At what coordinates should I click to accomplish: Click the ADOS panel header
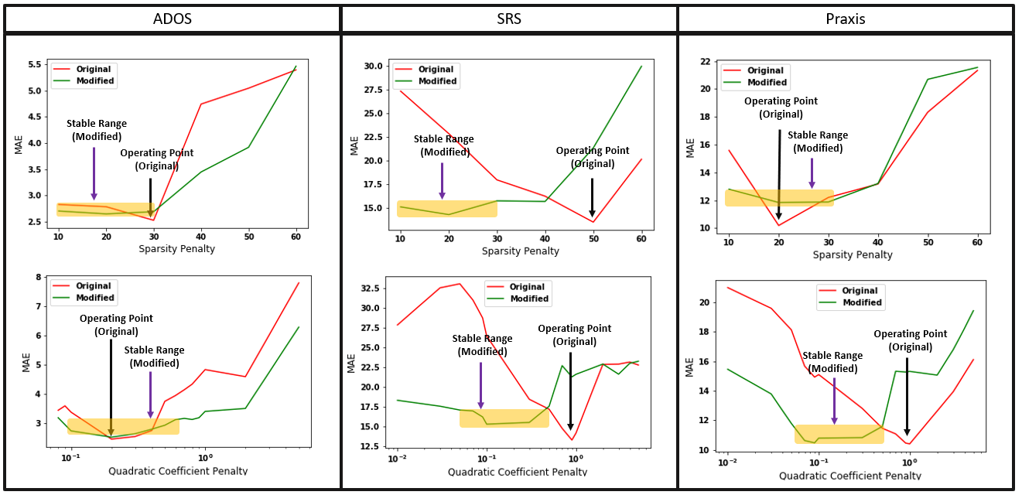coord(172,19)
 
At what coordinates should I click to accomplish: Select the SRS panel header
coord(509,19)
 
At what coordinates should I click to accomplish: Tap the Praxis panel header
coord(846,19)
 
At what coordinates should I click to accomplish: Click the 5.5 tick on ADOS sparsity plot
coord(35,64)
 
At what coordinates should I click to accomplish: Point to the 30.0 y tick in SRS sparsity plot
coord(373,67)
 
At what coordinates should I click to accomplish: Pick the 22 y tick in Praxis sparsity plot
coord(706,62)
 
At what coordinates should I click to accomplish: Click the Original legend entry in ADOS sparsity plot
coord(84,69)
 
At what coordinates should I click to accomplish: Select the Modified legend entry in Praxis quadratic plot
coord(849,302)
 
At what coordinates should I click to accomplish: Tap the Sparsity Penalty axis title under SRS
coord(521,251)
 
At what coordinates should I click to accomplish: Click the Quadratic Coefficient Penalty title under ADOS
coord(178,471)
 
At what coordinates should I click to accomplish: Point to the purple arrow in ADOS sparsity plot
coord(94,174)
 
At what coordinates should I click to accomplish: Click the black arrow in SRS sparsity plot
coord(592,197)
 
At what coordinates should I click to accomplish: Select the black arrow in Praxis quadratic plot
coord(907,397)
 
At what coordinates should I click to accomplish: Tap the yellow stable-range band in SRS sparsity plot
coord(447,209)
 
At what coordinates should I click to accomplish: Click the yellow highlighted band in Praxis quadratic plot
coord(839,434)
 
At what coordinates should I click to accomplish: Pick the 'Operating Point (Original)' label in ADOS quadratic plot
coord(116,325)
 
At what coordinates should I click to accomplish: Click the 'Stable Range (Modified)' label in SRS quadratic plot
coord(482,345)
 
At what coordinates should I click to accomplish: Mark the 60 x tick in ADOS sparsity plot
coord(296,237)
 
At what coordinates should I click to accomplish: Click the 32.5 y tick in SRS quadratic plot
coord(370,288)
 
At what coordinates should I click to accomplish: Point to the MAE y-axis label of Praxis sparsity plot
coord(690,148)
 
